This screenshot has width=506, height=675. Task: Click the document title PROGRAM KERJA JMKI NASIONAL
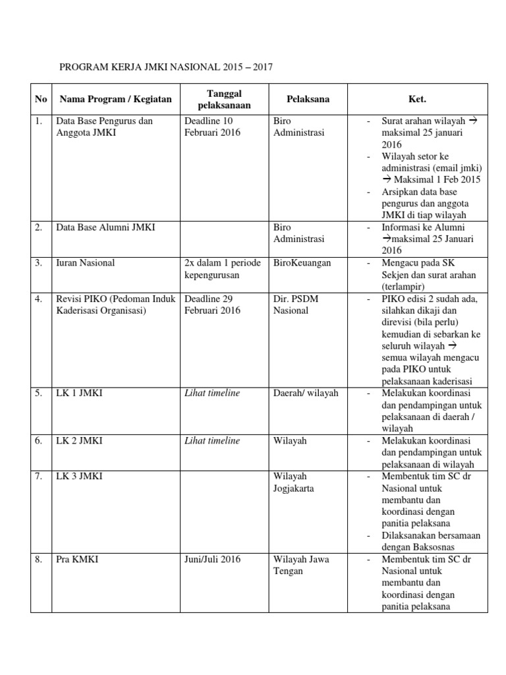pyautogui.click(x=165, y=67)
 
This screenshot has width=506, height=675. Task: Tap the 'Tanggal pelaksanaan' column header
pyautogui.click(x=223, y=100)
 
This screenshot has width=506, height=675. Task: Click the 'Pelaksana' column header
pyautogui.click(x=308, y=100)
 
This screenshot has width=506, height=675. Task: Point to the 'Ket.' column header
pyautogui.click(x=418, y=100)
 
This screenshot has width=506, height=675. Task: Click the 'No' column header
pyautogui.click(x=41, y=100)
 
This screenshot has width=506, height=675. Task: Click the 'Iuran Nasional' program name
pyautogui.click(x=85, y=263)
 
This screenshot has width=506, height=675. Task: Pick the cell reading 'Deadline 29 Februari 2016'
pyautogui.click(x=212, y=305)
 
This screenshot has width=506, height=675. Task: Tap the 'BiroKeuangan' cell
pyautogui.click(x=302, y=263)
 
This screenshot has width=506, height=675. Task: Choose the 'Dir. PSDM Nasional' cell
pyautogui.click(x=295, y=305)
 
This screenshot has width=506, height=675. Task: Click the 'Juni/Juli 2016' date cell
pyautogui.click(x=212, y=560)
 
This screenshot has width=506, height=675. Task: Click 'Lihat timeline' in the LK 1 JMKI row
pyautogui.click(x=212, y=394)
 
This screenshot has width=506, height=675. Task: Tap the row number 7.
pyautogui.click(x=39, y=476)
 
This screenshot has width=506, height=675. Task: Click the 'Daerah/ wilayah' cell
pyautogui.click(x=306, y=394)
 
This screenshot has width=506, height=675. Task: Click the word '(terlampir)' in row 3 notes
pyautogui.click(x=404, y=287)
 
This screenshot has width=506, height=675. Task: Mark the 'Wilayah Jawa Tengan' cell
pyautogui.click(x=301, y=565)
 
